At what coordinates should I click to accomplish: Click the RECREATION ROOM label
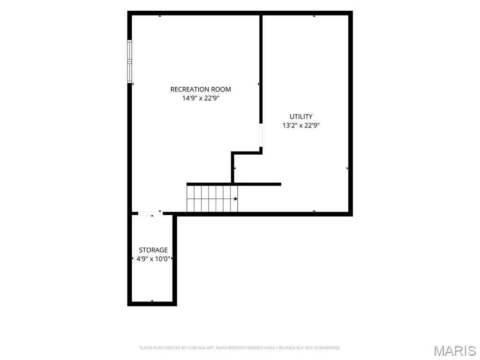coord(201,90)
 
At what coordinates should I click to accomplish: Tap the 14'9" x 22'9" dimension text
coord(201,98)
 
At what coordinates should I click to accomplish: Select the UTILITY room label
coord(301,116)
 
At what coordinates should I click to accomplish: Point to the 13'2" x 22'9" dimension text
coord(301,125)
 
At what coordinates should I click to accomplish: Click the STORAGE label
coord(153,250)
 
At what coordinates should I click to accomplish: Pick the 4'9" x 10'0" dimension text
coord(153,259)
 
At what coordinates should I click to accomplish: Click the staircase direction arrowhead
coord(236,199)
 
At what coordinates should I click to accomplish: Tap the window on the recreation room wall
coord(129,61)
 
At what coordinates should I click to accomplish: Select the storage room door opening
coord(150,213)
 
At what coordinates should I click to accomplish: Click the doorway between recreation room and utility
coord(261,135)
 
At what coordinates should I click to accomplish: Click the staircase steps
coord(212,199)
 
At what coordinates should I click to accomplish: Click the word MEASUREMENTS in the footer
coord(230,348)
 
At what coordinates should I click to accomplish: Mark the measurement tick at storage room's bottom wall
coord(152,301)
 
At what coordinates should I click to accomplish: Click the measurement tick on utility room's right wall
coord(347,168)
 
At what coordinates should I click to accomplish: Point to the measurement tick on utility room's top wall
coord(314,16)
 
